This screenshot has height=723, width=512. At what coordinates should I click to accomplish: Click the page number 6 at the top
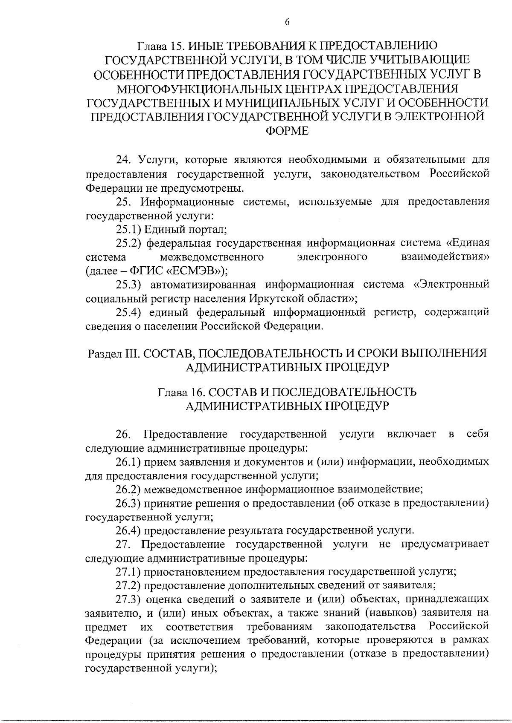287,23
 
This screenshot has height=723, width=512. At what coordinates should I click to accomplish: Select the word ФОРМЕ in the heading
287,131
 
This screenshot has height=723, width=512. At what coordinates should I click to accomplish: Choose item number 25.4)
129,312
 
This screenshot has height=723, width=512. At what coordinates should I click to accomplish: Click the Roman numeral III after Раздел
130,354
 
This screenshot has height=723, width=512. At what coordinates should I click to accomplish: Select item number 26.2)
129,489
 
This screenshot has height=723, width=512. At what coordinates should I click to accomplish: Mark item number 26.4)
129,530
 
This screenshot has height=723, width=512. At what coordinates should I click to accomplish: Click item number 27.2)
129,585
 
